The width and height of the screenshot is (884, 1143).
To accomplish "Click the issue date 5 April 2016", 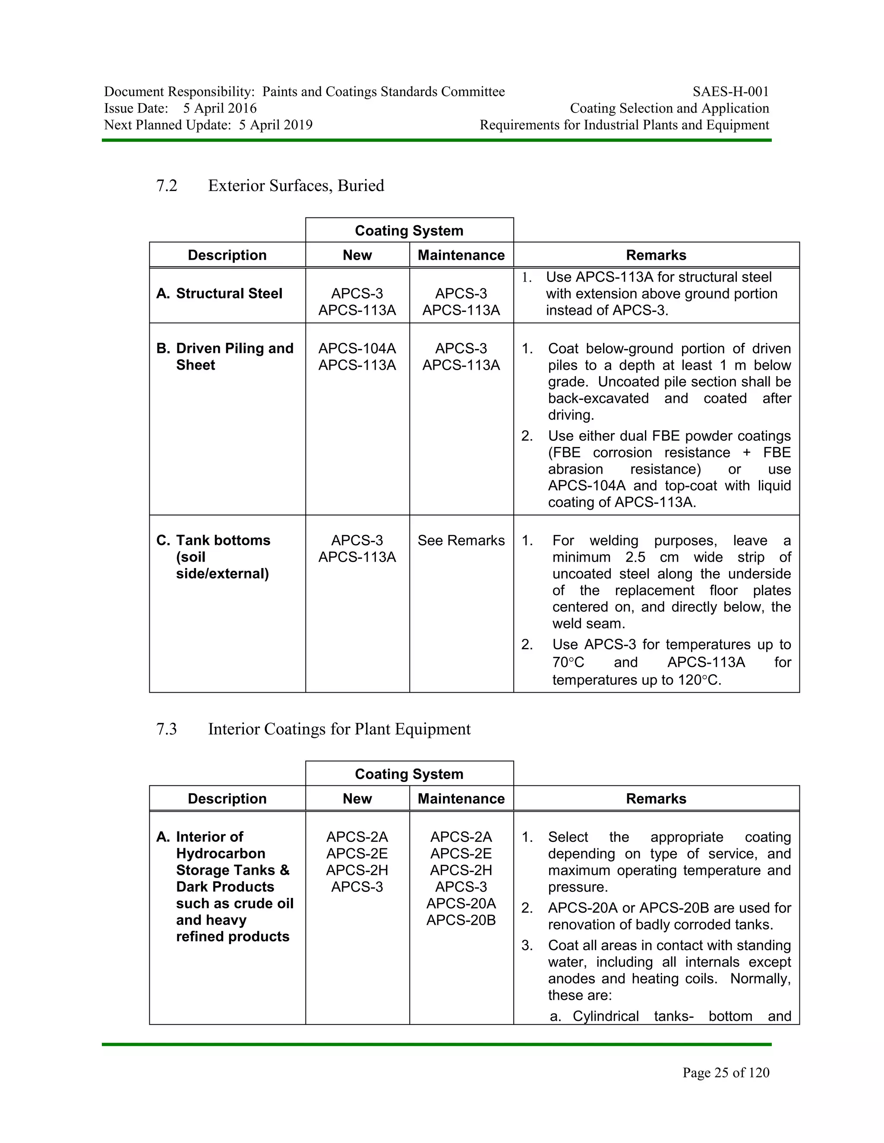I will point(220,108).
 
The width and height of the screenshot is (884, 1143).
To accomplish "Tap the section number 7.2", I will point(167,185).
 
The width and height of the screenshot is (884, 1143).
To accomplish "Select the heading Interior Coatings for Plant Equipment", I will point(339,729).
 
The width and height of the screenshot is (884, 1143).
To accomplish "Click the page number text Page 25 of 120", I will point(725,1073).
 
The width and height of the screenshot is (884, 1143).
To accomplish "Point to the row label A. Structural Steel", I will point(219,294).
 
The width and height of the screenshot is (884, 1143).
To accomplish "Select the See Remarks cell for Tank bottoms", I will point(461,540).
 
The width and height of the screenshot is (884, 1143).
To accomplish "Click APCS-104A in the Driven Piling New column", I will point(357,349).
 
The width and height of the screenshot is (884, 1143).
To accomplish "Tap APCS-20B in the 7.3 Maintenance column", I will point(461,920).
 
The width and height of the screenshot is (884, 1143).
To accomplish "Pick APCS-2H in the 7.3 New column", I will point(357,870).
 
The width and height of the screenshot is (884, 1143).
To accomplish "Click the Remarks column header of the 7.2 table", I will point(656,255).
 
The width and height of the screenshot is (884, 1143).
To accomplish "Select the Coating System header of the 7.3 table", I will point(409,774).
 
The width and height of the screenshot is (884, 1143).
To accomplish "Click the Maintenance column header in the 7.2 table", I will point(461,255).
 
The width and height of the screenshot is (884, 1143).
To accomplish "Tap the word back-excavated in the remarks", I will point(598,398).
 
